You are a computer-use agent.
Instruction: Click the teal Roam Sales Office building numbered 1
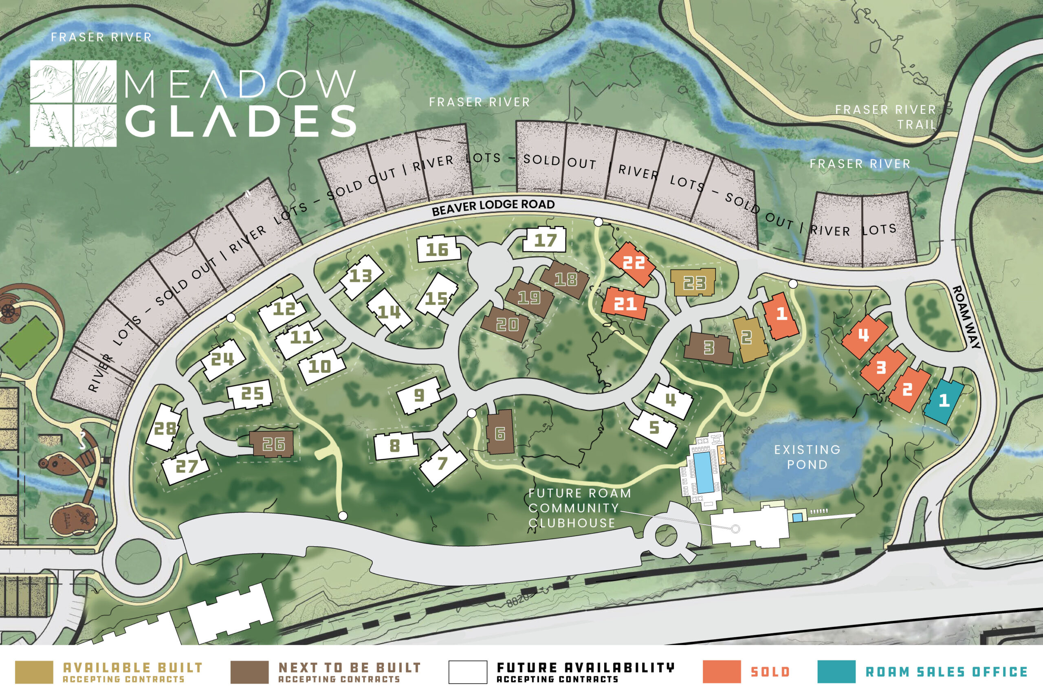[944, 401]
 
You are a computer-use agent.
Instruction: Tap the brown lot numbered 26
[272, 444]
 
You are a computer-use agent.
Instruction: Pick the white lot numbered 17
[545, 240]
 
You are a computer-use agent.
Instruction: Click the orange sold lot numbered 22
[633, 263]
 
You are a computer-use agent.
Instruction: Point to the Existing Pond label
[807, 457]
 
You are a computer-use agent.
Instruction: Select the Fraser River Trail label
[885, 117]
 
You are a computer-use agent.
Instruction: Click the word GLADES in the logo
[241, 121]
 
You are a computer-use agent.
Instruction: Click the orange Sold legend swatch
[722, 672]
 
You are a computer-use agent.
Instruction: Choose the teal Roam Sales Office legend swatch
[836, 672]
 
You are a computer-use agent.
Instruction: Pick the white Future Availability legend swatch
[468, 672]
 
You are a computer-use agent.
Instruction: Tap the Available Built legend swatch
[34, 672]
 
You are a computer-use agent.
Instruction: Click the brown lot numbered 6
[500, 433]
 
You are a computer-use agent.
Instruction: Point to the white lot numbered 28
[164, 428]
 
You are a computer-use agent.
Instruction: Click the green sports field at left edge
[28, 343]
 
